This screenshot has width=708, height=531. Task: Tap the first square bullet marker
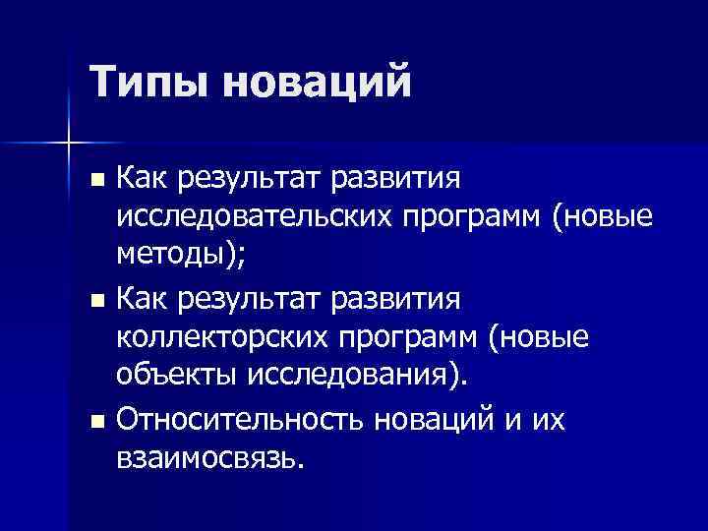[94, 182]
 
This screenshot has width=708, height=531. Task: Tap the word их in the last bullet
[548, 420]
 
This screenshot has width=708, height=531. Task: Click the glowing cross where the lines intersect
[69, 144]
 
